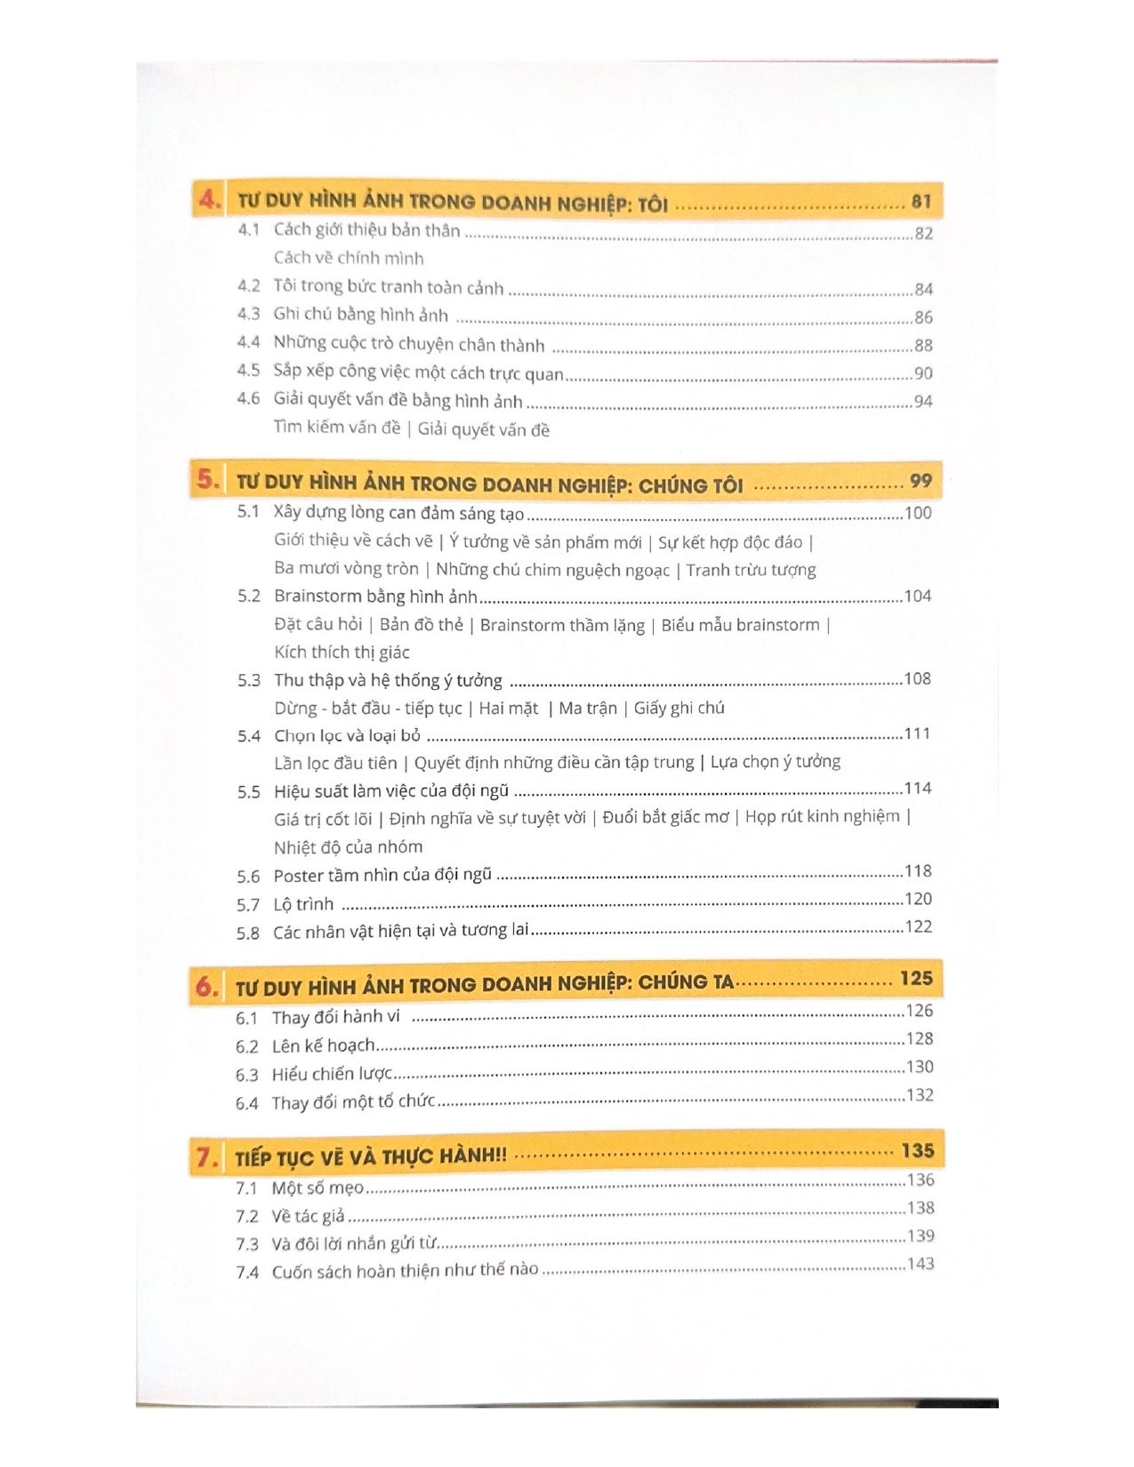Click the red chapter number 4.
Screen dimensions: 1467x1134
[x=210, y=201]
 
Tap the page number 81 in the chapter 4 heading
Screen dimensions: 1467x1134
[x=921, y=202]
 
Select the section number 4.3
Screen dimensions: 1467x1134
[x=248, y=314]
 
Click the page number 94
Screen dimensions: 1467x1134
[x=923, y=401]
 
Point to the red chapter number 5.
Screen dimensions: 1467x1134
[x=207, y=480]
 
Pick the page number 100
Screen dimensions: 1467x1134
[x=918, y=513]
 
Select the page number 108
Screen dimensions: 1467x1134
[x=917, y=678]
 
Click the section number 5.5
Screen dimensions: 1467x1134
[x=249, y=792]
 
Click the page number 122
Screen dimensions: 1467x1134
[x=918, y=926]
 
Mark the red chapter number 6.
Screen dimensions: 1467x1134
[x=206, y=987]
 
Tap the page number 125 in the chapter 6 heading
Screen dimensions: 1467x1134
[x=916, y=979]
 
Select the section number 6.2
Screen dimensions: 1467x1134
[x=247, y=1047]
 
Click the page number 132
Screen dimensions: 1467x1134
[x=920, y=1094]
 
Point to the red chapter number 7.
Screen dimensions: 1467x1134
[x=206, y=1158]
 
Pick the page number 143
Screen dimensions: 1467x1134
[x=921, y=1263]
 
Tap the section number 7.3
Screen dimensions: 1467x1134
[x=247, y=1245]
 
